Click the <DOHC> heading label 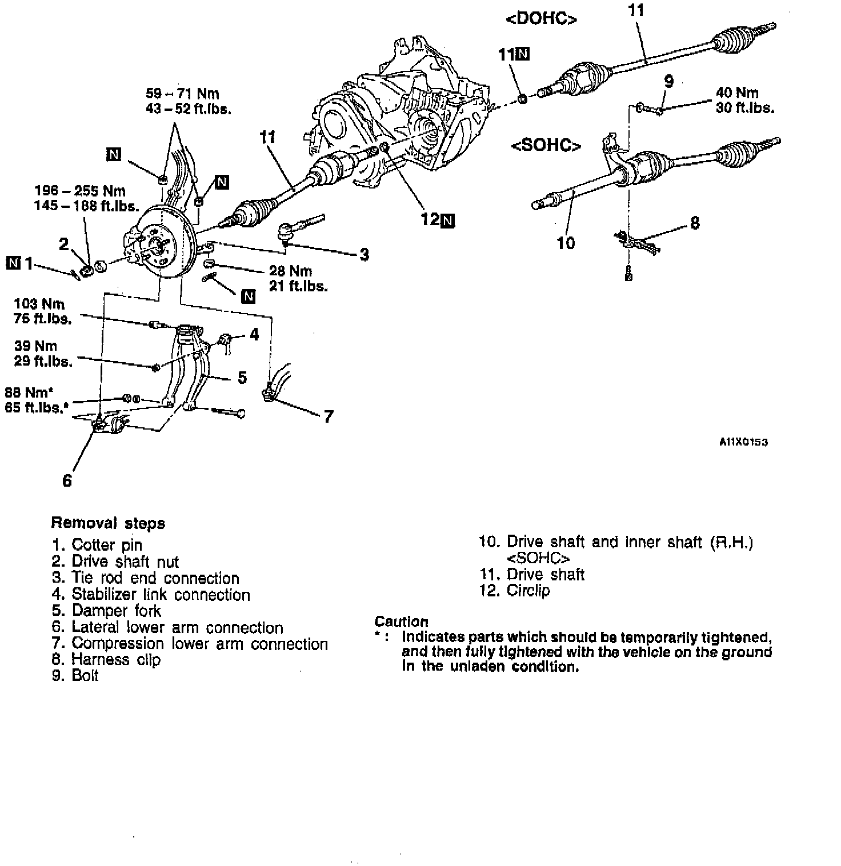(541, 19)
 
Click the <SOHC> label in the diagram (546, 146)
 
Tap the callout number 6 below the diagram (67, 480)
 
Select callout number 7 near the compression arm (328, 417)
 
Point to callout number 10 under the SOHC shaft (566, 243)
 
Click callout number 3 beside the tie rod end (365, 255)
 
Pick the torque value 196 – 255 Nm (79, 191)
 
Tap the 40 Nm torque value (737, 93)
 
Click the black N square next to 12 (448, 220)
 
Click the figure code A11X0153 (743, 442)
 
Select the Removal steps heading (108, 523)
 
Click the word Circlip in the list (528, 591)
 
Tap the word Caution (401, 622)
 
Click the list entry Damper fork (116, 611)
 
